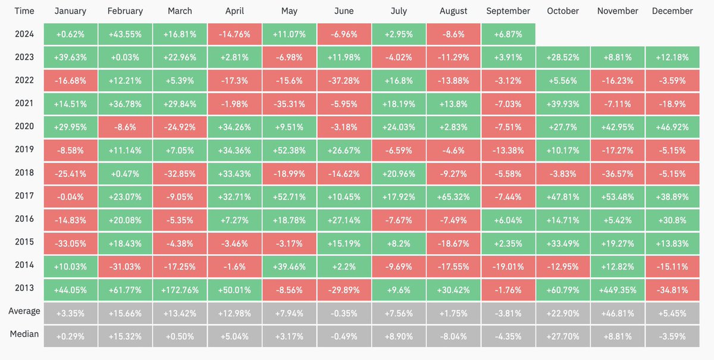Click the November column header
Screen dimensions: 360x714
click(x=617, y=11)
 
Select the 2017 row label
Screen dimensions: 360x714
click(x=24, y=195)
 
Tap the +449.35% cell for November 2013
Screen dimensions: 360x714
click(x=617, y=290)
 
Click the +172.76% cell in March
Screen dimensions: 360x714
click(x=180, y=290)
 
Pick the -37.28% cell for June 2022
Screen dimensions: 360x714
click(x=344, y=80)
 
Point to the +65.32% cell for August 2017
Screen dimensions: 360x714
click(x=453, y=196)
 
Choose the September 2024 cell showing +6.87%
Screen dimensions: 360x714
click(x=508, y=35)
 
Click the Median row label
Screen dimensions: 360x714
click(x=24, y=334)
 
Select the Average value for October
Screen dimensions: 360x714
click(x=563, y=313)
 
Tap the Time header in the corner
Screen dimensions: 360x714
click(x=24, y=11)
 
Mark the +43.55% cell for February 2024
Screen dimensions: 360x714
click(x=125, y=35)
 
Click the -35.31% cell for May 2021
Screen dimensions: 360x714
click(x=289, y=104)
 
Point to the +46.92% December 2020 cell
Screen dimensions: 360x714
click(x=672, y=127)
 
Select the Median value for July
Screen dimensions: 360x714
click(x=399, y=336)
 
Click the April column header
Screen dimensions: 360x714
click(x=234, y=11)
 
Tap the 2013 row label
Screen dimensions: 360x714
click(x=24, y=288)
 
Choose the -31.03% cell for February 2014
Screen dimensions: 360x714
click(x=125, y=265)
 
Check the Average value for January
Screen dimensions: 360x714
click(x=70, y=313)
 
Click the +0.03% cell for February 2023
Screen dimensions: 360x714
click(x=125, y=58)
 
